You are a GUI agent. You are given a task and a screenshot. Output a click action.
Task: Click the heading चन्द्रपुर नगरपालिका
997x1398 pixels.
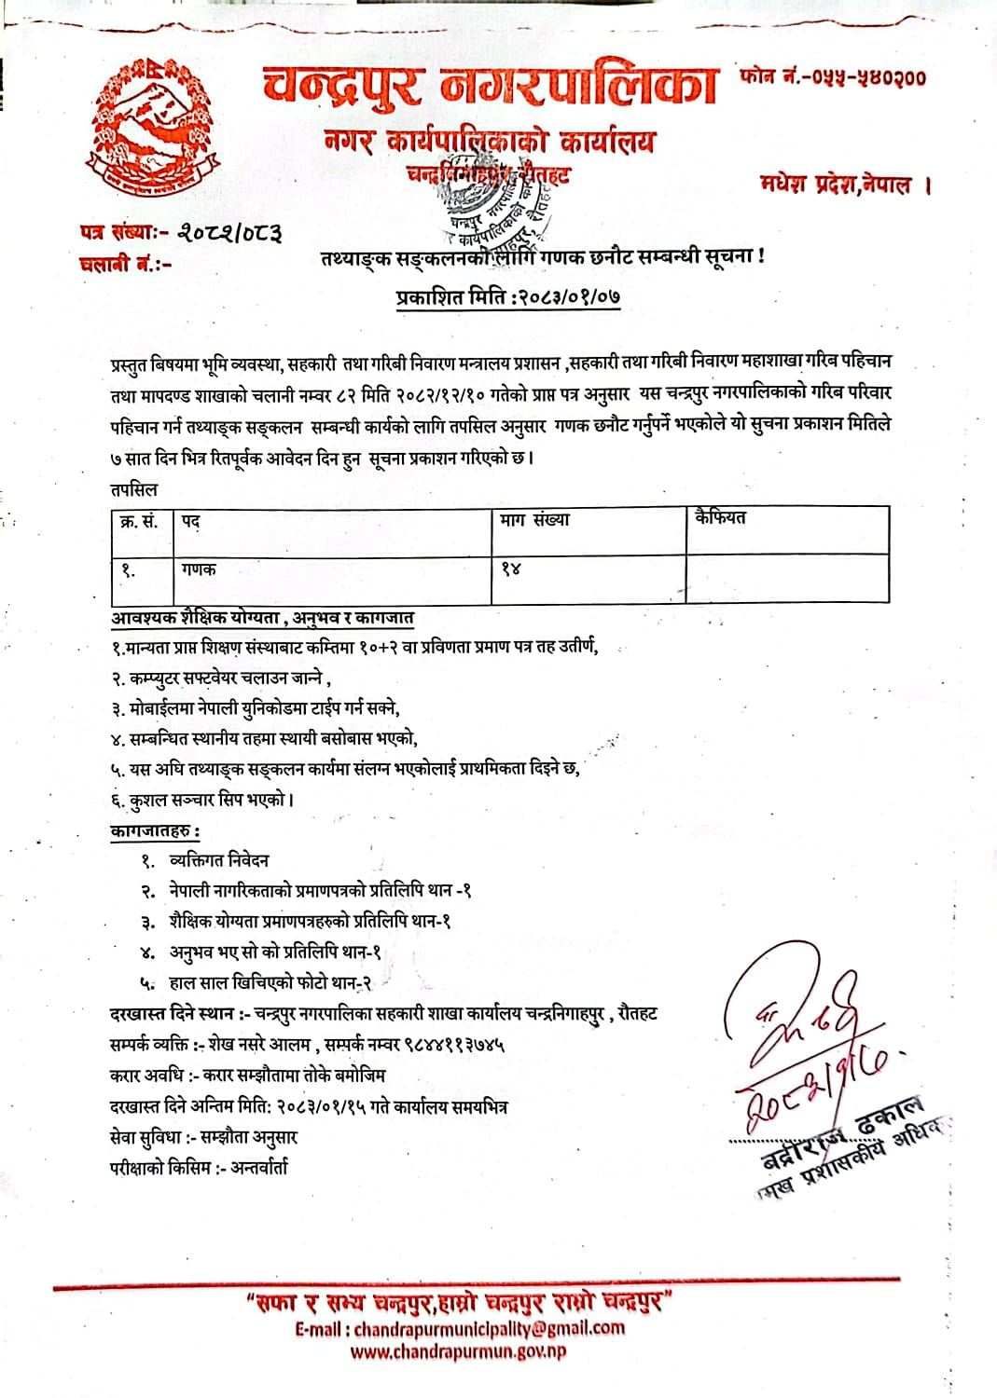click(x=490, y=87)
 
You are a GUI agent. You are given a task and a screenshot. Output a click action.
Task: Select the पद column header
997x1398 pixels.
click(x=190, y=521)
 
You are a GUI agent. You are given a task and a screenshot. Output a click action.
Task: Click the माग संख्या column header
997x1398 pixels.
click(x=534, y=520)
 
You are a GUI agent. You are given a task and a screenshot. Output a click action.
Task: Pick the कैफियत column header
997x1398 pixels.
click(x=720, y=517)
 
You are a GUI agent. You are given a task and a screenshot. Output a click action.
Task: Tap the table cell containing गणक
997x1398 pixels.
click(x=199, y=569)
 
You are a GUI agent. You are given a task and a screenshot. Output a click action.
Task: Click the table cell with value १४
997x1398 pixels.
click(x=510, y=569)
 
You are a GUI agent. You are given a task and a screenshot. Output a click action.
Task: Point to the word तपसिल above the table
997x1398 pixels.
click(x=134, y=489)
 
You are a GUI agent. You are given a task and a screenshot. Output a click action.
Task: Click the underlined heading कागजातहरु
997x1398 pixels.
click(x=154, y=830)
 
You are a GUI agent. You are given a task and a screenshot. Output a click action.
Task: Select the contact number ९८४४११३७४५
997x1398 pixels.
click(x=452, y=1045)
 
